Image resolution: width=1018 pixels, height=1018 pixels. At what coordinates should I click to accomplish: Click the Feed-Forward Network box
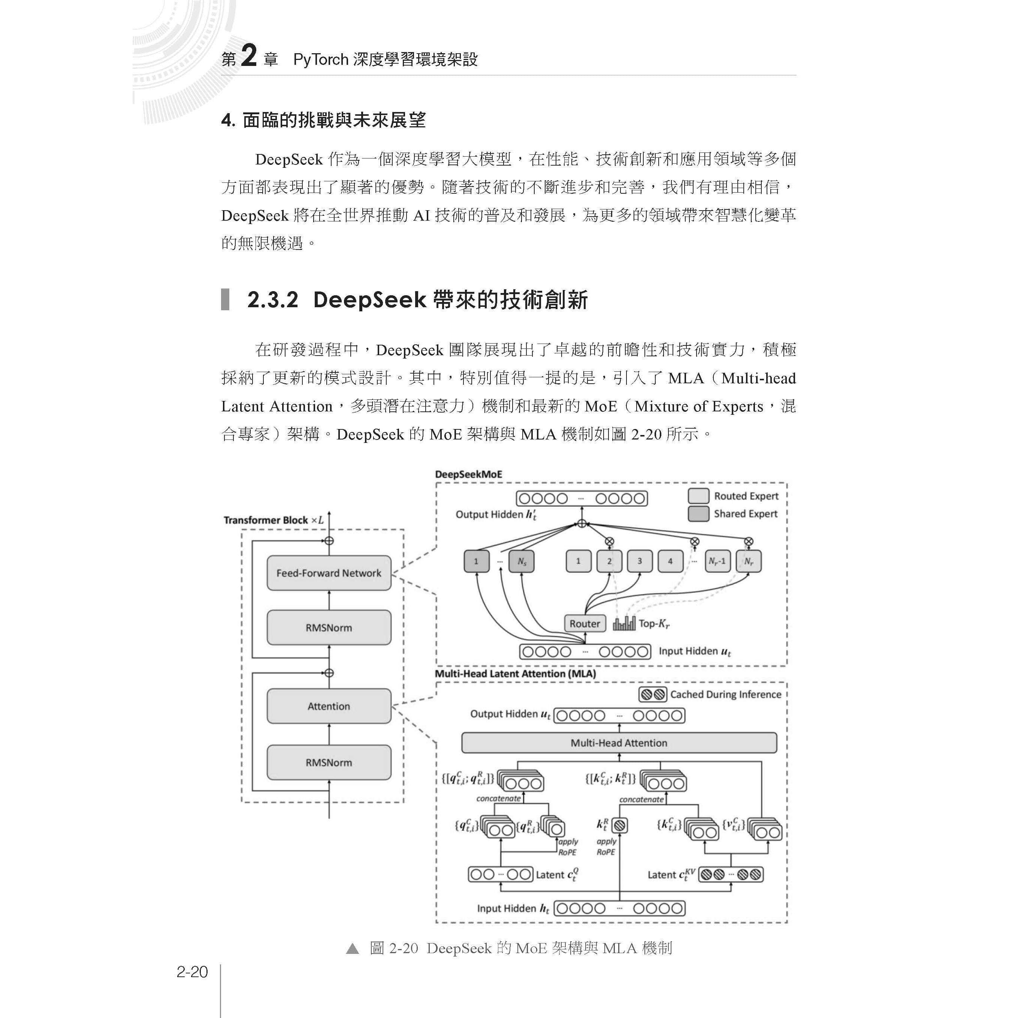click(x=329, y=573)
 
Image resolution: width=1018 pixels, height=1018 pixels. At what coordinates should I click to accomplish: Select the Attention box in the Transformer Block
click(x=329, y=706)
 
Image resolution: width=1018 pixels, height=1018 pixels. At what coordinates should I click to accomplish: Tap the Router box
click(x=584, y=623)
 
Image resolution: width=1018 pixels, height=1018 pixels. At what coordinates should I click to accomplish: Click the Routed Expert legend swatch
click(x=698, y=496)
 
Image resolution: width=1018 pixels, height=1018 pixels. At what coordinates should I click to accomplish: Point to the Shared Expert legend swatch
click(x=698, y=514)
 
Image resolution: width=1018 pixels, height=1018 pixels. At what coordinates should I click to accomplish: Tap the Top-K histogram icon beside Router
click(x=624, y=623)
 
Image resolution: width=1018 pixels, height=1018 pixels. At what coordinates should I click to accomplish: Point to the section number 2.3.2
click(x=272, y=300)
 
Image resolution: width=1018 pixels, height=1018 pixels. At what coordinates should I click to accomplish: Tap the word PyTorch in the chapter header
click(x=321, y=60)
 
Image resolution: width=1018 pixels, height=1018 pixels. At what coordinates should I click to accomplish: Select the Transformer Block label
click(x=266, y=520)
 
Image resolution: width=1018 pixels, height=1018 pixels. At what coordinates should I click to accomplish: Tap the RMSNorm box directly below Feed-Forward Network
click(x=329, y=628)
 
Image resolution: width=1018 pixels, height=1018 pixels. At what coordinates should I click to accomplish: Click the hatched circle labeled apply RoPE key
click(x=620, y=825)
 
